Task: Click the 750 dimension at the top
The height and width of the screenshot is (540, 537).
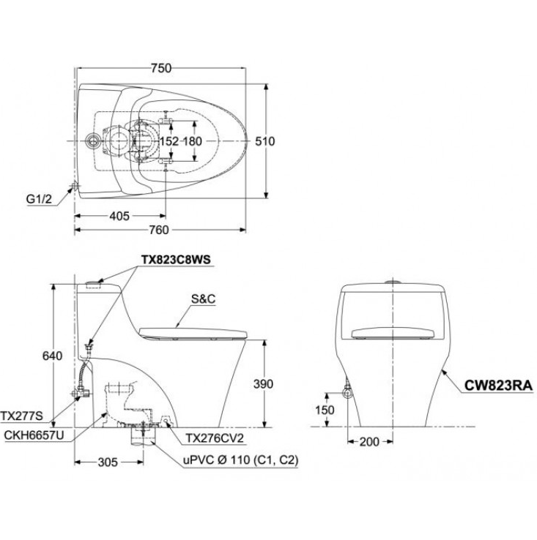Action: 161,68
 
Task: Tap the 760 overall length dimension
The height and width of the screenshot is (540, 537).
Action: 159,230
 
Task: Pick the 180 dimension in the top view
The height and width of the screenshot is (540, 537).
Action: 192,140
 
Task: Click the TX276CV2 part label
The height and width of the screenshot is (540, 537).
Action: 212,438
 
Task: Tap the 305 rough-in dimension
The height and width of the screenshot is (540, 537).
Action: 108,461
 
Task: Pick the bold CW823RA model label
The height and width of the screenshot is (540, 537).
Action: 496,384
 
